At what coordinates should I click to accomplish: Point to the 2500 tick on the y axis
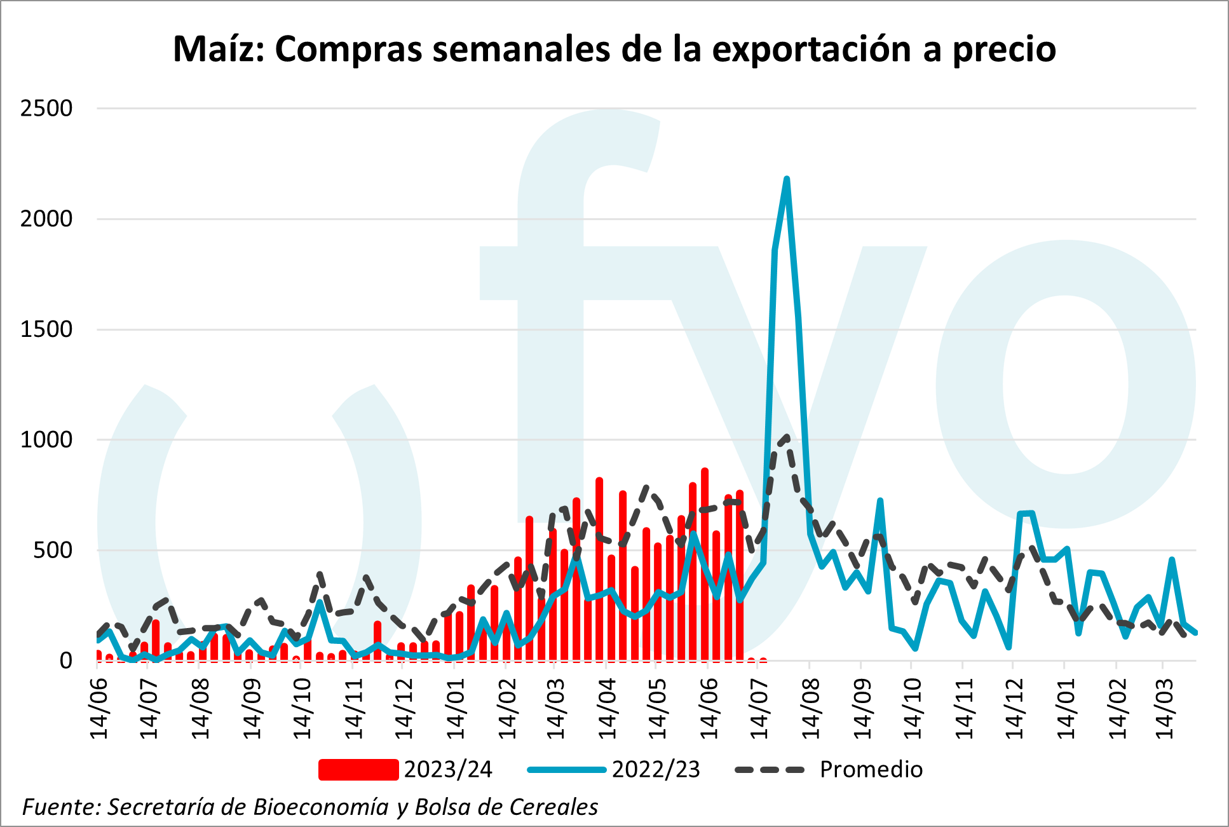click(x=46, y=108)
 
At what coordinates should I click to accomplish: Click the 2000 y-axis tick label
click(x=46, y=219)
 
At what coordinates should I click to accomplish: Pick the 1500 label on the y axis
click(x=46, y=329)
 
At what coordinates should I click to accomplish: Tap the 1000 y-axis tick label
click(x=46, y=439)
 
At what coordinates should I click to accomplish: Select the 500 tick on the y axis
click(x=53, y=550)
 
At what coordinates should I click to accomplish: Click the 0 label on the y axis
click(x=65, y=660)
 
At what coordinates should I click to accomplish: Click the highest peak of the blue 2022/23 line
click(x=787, y=179)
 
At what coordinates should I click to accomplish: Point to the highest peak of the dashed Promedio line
click(x=787, y=437)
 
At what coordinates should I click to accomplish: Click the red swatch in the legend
click(x=358, y=769)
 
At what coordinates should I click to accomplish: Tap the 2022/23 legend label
click(x=656, y=769)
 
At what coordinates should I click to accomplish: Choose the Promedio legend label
click(x=871, y=769)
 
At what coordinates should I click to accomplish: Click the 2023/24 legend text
click(x=448, y=769)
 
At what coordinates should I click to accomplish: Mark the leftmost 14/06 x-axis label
click(x=99, y=707)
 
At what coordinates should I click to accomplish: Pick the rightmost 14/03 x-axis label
click(x=1164, y=707)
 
